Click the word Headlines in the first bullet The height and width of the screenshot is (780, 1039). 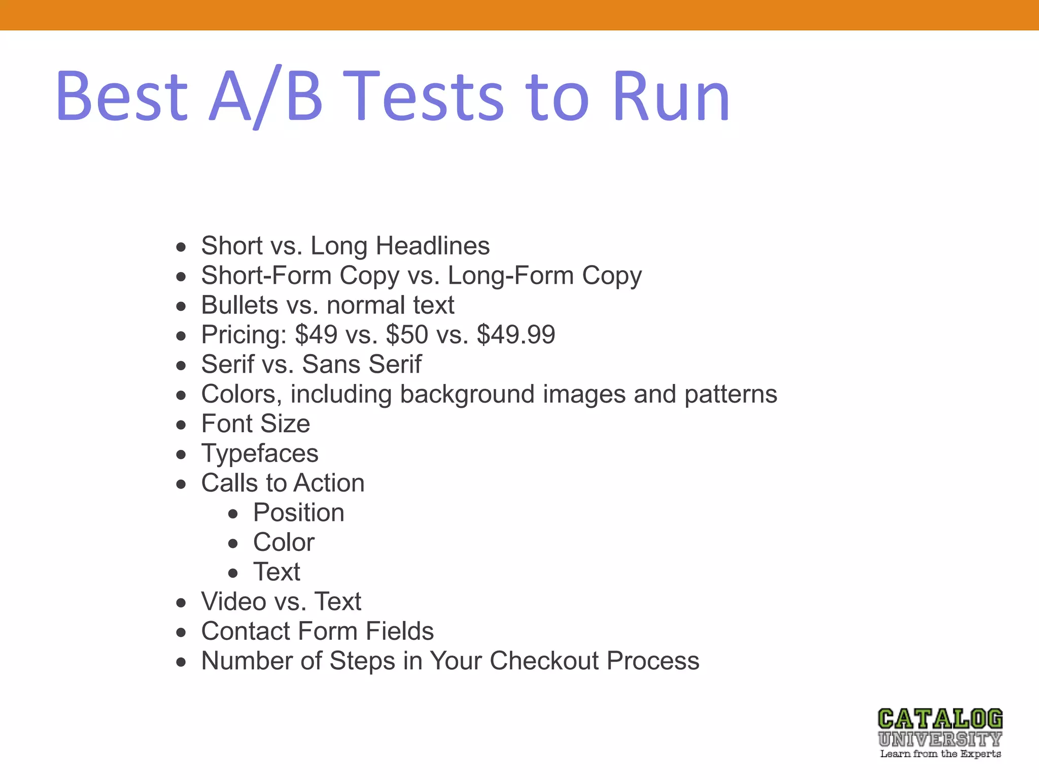432,246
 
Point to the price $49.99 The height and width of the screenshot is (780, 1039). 516,335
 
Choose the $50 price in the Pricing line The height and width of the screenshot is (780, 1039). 406,335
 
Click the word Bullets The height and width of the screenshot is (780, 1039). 239,305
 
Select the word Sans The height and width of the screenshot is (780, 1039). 331,364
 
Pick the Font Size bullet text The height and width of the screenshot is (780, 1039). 255,424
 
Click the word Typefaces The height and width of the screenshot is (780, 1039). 260,453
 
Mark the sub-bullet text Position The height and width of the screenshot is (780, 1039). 299,512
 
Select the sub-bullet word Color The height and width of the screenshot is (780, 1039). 284,542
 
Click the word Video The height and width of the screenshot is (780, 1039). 233,602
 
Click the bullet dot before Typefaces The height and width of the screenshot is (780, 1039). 181,454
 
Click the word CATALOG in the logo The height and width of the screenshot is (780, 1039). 940,720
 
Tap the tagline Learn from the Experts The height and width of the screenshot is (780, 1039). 940,754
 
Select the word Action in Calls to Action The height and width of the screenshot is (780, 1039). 329,483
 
